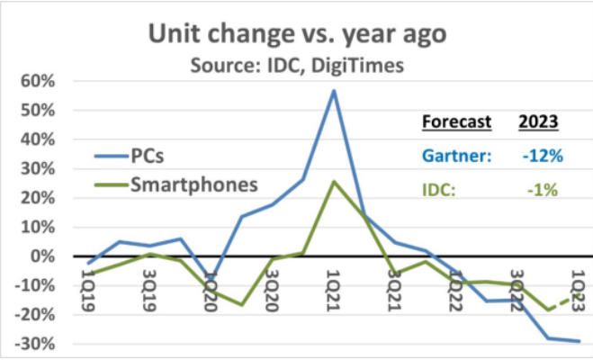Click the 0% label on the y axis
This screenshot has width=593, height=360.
coord(41,256)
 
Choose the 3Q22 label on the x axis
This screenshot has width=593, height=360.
coord(516,274)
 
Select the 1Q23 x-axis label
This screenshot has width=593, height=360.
coord(578,274)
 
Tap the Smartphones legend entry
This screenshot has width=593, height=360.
coord(193,185)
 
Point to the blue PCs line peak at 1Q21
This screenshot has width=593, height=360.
coord(333,90)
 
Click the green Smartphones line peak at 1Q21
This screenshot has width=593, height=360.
coord(333,182)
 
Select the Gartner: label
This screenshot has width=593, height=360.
coord(457,156)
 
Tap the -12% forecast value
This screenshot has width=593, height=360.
coord(542,156)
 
